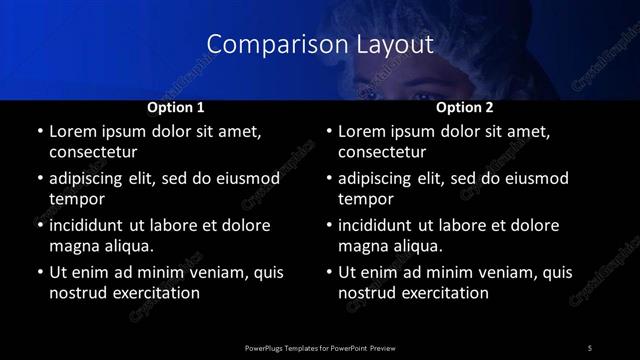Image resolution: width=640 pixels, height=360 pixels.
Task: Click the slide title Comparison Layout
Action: [x=319, y=45]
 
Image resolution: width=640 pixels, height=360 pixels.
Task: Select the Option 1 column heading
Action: [x=176, y=106]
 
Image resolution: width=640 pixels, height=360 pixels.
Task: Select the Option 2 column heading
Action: [x=465, y=106]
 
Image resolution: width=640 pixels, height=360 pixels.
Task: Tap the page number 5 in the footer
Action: [x=590, y=347]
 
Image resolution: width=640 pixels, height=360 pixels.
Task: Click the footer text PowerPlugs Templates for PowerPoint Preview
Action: [x=319, y=347]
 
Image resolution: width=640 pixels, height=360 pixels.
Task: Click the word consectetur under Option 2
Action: [x=383, y=153]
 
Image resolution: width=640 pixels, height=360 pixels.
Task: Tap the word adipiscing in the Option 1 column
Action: [x=93, y=179]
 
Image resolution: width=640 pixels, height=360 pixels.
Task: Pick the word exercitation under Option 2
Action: [x=445, y=293]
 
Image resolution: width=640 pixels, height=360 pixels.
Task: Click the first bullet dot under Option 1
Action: [x=39, y=131]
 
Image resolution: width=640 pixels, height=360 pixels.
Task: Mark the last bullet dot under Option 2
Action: [x=329, y=272]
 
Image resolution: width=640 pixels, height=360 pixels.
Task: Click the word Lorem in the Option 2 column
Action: [x=363, y=131]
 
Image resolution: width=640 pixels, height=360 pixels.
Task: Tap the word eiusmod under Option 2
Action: [x=533, y=179]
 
